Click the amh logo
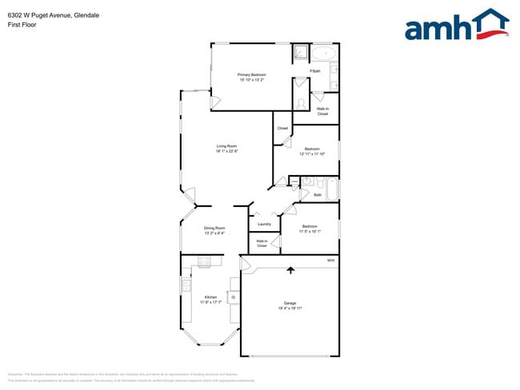456,25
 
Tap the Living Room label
226,146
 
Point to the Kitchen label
210,297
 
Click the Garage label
290,303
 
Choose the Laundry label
264,225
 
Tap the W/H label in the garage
330,261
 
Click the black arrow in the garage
290,270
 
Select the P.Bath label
315,71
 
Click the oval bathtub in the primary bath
323,54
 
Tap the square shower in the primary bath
300,53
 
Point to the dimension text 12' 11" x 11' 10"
312,153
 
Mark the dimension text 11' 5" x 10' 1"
310,231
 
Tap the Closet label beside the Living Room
282,129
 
